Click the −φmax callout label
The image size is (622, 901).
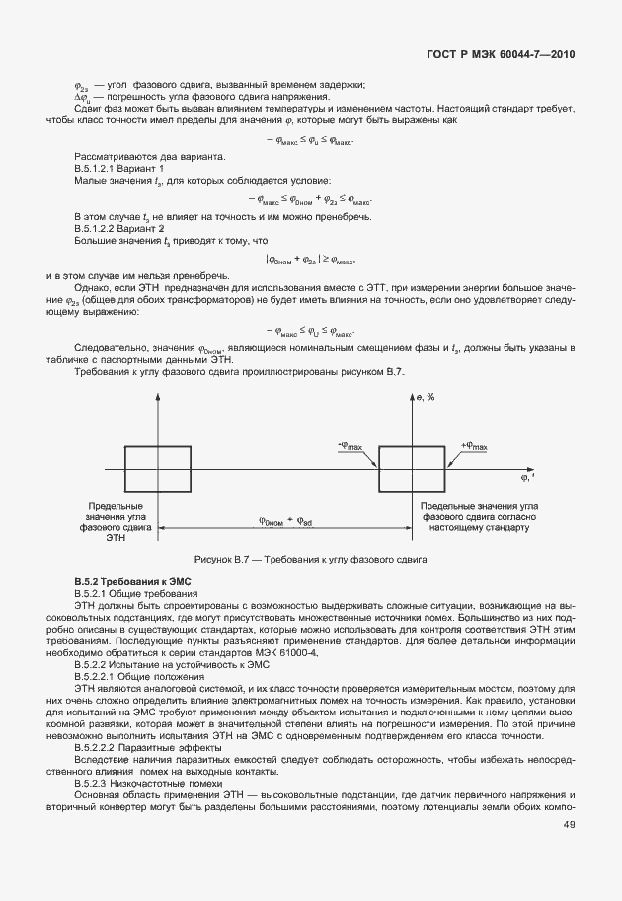tap(350, 447)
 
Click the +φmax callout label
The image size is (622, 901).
tap(474, 447)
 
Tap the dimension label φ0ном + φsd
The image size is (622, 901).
tap(285, 521)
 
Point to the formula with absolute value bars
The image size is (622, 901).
tap(310, 261)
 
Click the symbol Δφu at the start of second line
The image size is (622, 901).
tap(84, 97)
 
